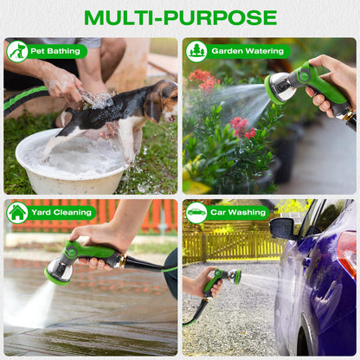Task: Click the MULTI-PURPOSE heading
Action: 180,17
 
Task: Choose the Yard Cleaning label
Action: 61,212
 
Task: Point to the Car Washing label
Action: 238,212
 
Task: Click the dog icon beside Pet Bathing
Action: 17,51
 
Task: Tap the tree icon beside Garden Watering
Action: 196,51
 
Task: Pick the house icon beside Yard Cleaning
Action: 17,212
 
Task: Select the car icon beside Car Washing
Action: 196,212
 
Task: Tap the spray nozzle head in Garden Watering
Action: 278,87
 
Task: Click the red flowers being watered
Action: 206,80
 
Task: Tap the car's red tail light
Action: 346,251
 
